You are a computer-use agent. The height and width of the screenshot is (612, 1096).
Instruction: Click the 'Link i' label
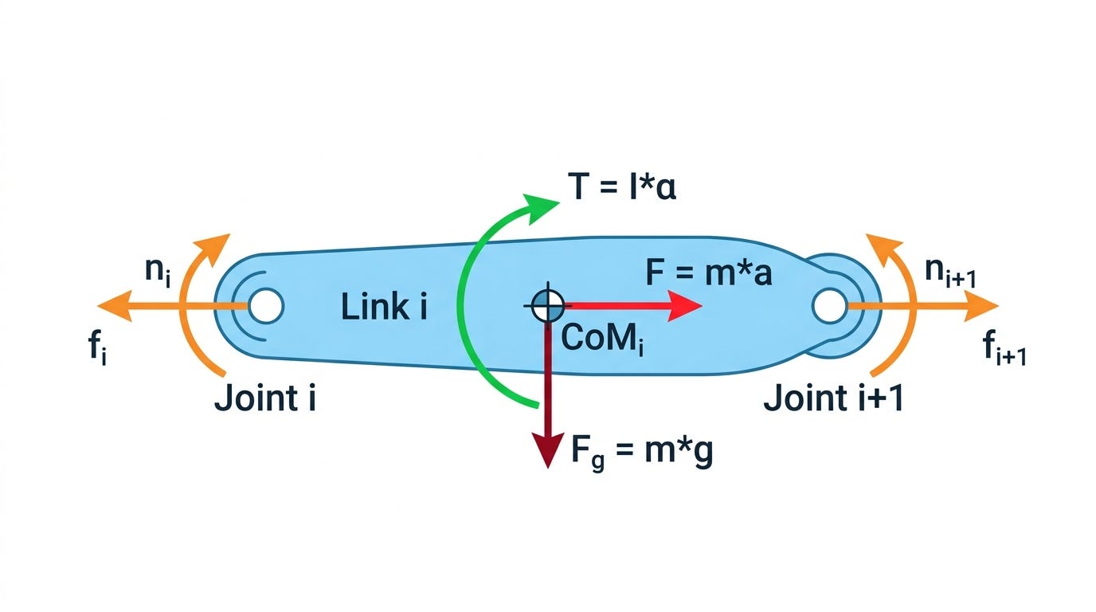384,307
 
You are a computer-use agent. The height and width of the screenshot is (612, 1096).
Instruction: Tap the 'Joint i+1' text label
833,398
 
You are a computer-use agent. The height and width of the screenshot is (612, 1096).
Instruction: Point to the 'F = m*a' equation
709,273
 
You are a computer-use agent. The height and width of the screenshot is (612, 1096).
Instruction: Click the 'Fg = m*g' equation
642,450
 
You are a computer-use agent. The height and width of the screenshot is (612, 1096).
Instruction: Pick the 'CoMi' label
602,339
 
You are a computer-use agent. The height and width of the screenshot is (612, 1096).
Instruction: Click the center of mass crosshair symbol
547,306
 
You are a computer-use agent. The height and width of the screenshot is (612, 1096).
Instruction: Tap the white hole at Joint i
266,306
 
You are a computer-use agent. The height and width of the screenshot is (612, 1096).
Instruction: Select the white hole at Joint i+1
829,306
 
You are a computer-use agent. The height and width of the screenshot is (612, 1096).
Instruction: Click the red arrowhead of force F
686,306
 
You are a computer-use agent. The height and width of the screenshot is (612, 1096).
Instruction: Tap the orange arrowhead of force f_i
115,306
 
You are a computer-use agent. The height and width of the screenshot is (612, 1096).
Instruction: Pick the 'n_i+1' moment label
950,273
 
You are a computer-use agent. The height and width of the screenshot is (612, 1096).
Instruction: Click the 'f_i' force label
98,347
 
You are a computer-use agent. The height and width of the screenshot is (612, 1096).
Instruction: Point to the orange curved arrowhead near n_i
213,249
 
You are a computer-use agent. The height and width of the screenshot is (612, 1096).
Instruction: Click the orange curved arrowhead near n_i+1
883,249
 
